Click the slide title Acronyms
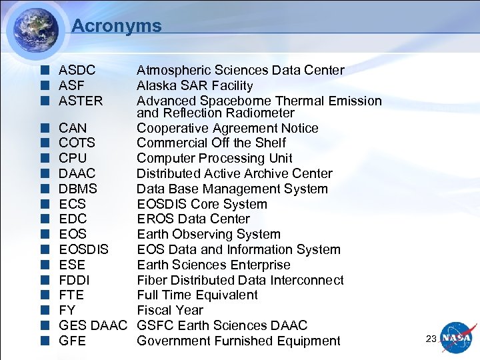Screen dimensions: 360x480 (x=116, y=26)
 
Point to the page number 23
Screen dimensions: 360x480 (x=431, y=339)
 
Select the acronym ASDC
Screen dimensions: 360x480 (x=77, y=70)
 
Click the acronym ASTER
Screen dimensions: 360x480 (x=81, y=101)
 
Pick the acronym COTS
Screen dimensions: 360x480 (x=77, y=143)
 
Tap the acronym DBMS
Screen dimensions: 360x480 (x=78, y=189)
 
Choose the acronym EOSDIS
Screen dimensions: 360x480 (x=83, y=249)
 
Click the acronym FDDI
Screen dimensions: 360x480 (x=74, y=280)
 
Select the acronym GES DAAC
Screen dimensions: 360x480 (x=92, y=325)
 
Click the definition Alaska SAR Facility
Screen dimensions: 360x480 (x=195, y=85)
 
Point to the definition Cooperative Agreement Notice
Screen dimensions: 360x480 (x=227, y=128)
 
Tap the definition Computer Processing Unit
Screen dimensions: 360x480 (x=214, y=158)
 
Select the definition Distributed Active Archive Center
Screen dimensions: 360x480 (x=234, y=173)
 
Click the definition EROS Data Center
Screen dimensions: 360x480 (x=193, y=219)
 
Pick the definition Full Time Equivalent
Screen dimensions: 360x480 (x=197, y=295)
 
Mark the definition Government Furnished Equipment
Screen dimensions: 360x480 (x=238, y=341)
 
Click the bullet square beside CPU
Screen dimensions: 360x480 (x=45, y=159)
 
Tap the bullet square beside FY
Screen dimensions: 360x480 (x=45, y=311)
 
